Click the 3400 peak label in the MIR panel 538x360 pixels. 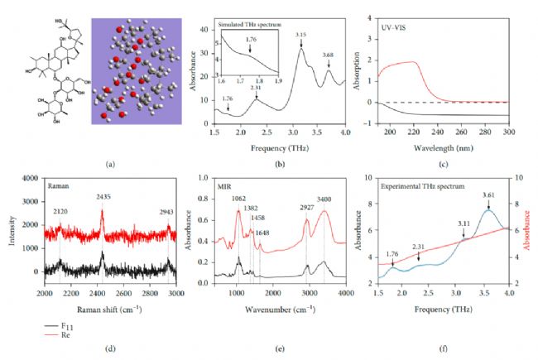[x=324, y=199]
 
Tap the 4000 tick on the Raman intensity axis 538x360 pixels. [x=29, y=178]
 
